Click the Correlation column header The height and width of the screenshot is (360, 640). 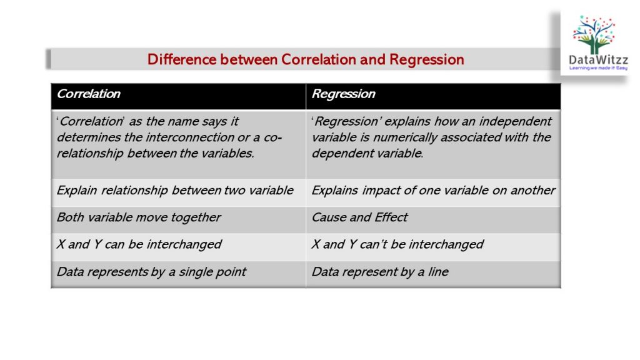89,94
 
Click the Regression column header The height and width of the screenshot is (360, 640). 343,94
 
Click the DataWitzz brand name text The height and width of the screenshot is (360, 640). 599,60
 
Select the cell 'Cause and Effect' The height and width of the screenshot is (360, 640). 359,217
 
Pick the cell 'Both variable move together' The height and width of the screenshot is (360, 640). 139,217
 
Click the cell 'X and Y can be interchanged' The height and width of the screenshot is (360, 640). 139,244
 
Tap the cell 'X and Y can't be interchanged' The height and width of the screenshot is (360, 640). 397,244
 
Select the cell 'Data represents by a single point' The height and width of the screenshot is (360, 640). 151,272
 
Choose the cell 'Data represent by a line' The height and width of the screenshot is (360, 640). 380,272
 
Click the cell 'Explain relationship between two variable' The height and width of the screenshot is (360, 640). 175,191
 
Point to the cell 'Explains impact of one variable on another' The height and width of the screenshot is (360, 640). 433,191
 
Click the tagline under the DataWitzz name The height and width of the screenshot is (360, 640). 599,68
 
